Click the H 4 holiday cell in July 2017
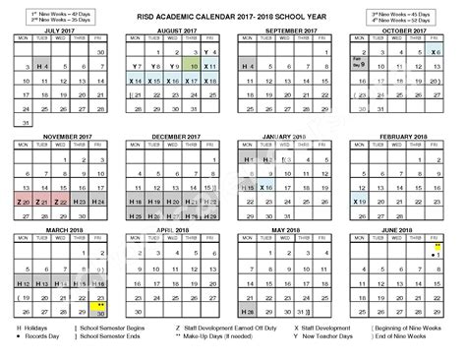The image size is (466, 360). [41, 66]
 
